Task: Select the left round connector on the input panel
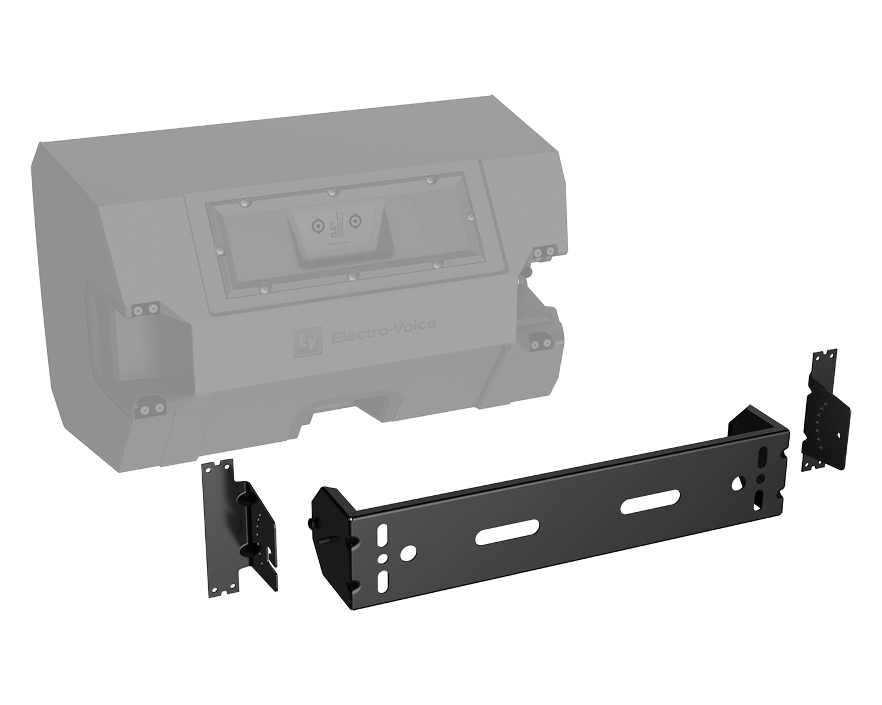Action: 317,224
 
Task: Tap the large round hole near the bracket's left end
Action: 407,552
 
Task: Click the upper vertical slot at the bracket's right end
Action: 763,456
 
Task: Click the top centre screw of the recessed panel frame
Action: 331,192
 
